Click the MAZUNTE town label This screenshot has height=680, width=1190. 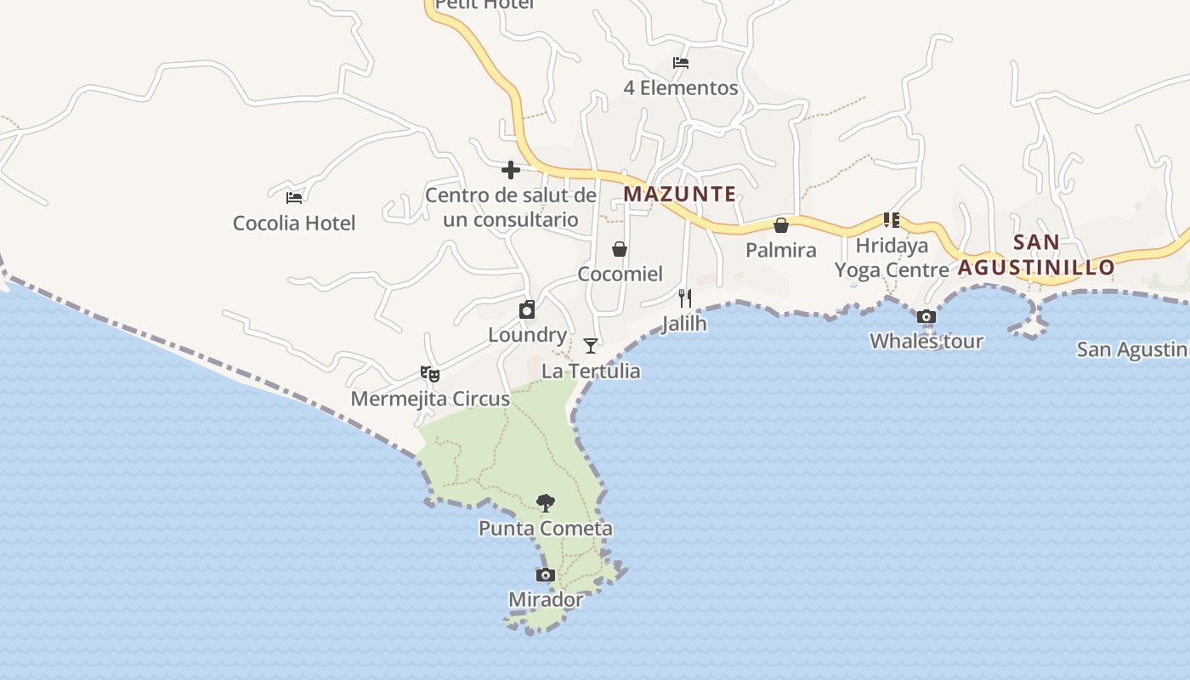[680, 194]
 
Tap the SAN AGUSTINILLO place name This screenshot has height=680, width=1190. [1037, 255]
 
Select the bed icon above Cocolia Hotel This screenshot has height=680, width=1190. [294, 198]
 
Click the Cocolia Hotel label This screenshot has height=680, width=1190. [294, 224]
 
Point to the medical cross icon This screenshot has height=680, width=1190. [511, 170]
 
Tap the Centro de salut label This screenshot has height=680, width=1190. [511, 207]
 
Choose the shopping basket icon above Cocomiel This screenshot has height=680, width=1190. [620, 249]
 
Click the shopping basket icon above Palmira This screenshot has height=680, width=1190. [781, 225]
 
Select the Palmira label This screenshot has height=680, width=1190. [781, 250]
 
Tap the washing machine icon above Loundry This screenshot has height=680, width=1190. [527, 309]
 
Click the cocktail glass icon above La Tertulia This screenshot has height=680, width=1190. [591, 346]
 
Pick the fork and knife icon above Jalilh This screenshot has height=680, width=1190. [685, 298]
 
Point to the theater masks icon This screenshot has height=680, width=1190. [430, 373]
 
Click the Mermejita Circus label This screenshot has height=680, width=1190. [430, 399]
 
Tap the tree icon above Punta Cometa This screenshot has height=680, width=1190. [546, 502]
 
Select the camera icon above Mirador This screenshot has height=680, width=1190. [546, 575]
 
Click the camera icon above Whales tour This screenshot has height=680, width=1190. [926, 317]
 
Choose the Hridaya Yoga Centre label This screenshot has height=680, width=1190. [892, 258]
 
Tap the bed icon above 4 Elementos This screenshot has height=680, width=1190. [681, 63]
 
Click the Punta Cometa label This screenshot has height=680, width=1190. [546, 529]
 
